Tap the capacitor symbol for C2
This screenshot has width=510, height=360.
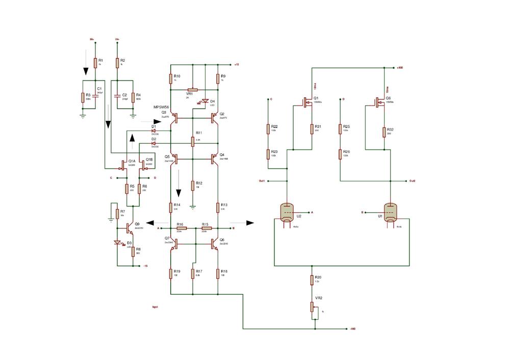(117, 95)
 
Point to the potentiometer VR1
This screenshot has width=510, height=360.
(193, 90)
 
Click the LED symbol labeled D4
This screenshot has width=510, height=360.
(206, 101)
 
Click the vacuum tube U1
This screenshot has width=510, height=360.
(390, 212)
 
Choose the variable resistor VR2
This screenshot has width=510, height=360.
(312, 306)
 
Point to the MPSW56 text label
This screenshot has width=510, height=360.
(161, 107)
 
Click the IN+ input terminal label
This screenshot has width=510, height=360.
(92, 39)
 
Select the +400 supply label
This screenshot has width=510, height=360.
(400, 67)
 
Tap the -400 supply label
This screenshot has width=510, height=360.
(352, 329)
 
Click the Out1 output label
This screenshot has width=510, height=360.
(262, 181)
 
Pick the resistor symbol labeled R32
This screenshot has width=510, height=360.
(384, 132)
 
